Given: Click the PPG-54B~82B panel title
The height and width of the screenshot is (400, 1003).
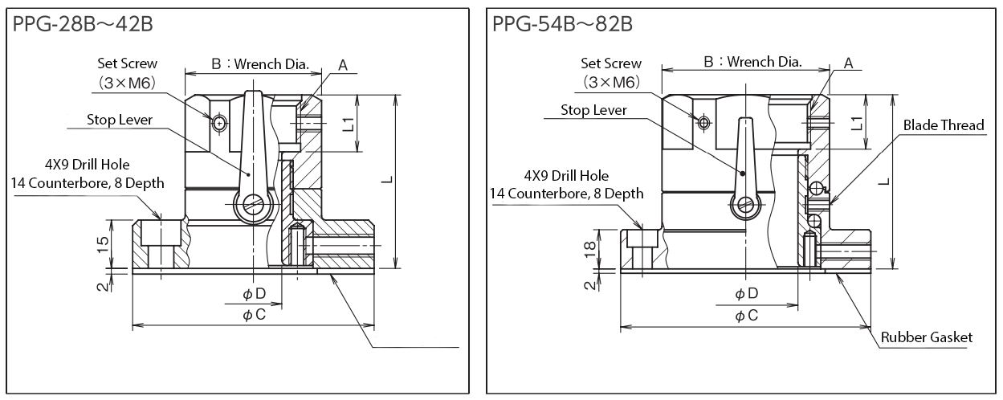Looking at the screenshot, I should point(563,23).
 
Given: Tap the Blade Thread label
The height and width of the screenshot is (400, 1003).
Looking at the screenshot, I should point(944,125).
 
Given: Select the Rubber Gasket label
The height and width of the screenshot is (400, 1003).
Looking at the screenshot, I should point(928,337).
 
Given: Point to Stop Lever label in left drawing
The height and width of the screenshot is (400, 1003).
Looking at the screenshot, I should point(120,120).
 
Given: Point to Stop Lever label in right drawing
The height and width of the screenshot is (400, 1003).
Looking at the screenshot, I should point(593,110).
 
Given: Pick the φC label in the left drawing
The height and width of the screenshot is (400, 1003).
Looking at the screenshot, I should point(254,315).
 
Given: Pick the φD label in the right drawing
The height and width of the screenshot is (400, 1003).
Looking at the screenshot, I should point(746,294).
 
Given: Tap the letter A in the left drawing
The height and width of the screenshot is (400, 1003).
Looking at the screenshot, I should point(342,66).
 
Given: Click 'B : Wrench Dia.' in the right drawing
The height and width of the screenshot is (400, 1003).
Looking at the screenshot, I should point(752,61).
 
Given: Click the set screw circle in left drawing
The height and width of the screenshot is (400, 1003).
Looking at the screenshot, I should point(219,123).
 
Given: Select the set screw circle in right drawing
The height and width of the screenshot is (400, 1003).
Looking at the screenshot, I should point(704,122).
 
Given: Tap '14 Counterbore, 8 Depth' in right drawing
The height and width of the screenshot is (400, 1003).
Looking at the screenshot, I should point(565,193).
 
